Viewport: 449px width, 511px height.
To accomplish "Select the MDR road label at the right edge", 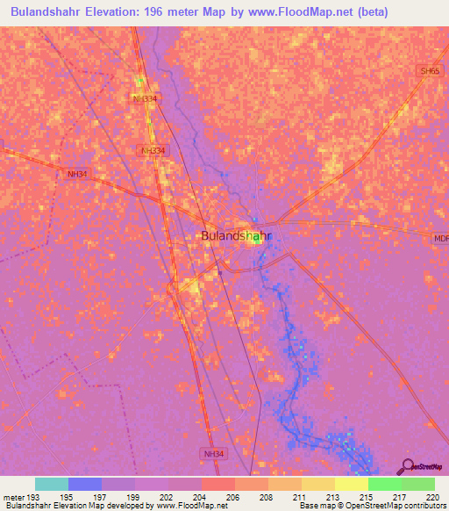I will click(x=440, y=238).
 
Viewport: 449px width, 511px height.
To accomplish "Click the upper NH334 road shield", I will click(x=146, y=99).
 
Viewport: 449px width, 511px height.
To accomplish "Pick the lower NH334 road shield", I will click(x=153, y=151).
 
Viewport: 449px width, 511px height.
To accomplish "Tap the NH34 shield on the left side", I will click(x=78, y=174).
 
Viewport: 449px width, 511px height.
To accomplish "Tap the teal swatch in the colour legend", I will click(x=52, y=484).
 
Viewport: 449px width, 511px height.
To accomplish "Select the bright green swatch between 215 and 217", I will click(x=385, y=484).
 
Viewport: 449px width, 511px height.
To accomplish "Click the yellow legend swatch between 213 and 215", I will click(x=352, y=484).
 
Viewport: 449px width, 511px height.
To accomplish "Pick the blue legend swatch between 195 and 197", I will click(x=85, y=484).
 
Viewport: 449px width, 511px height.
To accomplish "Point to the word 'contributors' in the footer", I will click(x=424, y=506).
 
